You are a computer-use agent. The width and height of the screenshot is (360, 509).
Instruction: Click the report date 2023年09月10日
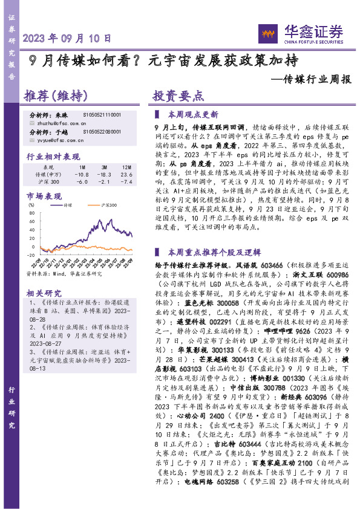point(68,37)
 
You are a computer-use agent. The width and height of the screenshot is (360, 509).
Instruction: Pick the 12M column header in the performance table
point(127,166)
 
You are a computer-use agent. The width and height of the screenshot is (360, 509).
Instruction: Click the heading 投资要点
point(175,96)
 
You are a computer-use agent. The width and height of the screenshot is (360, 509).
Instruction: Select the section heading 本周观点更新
point(193,114)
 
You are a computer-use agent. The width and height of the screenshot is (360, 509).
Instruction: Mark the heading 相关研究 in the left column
point(42,293)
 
